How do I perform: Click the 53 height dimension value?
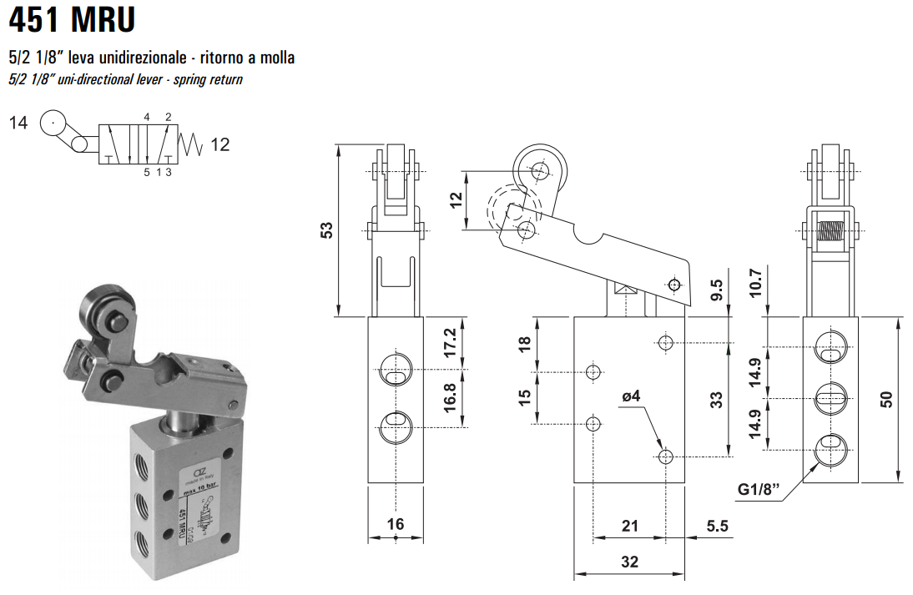pos(328,230)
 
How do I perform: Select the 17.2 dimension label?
pos(450,342)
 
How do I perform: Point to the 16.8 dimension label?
pos(450,399)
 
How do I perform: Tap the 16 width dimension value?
pos(396,524)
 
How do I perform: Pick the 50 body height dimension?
pos(886,400)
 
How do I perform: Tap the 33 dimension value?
pos(716,400)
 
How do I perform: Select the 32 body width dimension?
pos(630,562)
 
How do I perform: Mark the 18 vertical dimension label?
pos(525,344)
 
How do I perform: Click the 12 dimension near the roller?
pos(456,200)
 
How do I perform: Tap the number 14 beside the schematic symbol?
pos(18,124)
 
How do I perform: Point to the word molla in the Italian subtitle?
pos(277,58)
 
